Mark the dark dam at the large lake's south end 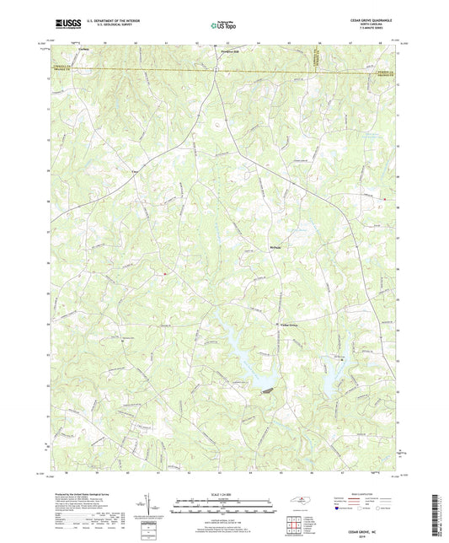267,390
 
